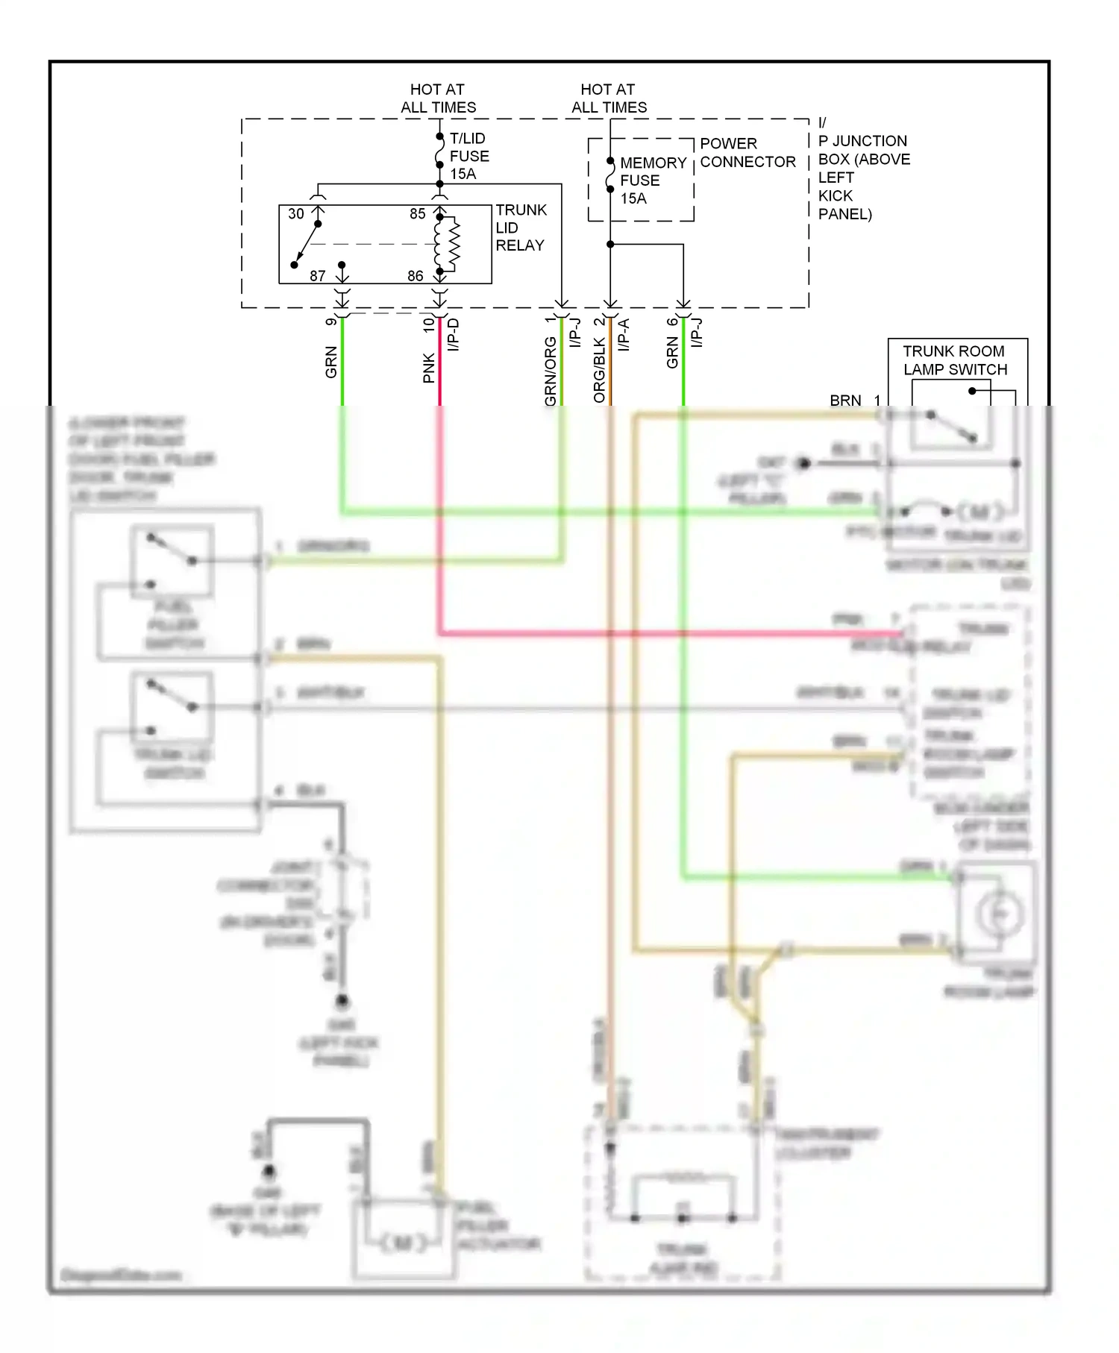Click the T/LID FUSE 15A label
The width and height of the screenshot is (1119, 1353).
[468, 156]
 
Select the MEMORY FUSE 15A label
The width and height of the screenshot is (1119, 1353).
[652, 180]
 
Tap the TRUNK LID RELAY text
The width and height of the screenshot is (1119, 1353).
[521, 227]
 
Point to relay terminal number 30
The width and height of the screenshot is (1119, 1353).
[296, 214]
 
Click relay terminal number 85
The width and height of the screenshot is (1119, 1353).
[418, 214]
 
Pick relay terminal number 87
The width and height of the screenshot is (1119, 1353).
[318, 276]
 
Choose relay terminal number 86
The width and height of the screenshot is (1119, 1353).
[416, 276]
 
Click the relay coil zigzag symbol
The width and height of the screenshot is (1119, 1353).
[453, 244]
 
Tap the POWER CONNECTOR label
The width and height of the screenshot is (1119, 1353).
[747, 153]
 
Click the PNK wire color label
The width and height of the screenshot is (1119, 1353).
[429, 368]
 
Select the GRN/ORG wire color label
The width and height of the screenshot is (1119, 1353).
[551, 371]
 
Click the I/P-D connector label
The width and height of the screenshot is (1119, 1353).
[454, 335]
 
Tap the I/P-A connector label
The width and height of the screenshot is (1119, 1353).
[624, 335]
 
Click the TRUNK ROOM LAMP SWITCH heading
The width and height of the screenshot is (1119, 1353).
[954, 360]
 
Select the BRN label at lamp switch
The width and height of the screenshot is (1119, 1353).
[845, 401]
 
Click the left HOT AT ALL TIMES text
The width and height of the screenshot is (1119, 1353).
[438, 98]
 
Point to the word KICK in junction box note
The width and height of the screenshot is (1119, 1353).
[835, 195]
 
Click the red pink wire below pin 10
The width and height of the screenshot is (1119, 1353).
[439, 373]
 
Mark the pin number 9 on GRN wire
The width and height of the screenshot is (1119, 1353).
[331, 322]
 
